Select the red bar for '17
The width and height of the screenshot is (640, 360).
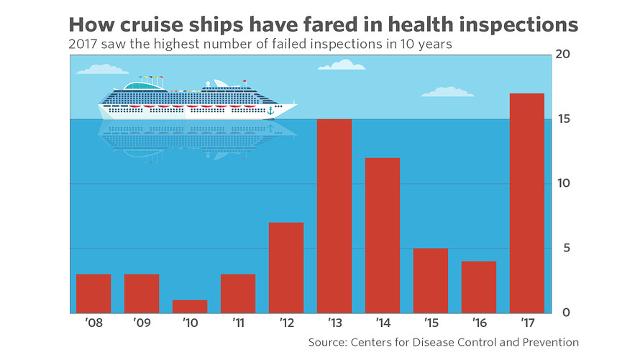coord(526,203)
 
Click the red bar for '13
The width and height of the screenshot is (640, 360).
coord(334,216)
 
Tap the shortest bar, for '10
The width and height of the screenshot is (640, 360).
coord(190,306)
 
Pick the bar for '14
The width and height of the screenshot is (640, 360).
coord(383,235)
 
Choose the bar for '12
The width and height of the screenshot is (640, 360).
coord(286,267)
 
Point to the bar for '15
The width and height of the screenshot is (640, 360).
coord(431,280)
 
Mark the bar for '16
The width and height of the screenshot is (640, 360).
coord(479,287)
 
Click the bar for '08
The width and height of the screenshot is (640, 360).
coord(93,293)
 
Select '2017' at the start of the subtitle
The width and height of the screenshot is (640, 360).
coord(85,44)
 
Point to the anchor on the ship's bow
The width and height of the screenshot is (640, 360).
coord(270,111)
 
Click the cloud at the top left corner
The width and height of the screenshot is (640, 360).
coord(101,70)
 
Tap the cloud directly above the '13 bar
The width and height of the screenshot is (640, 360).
coord(342,65)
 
